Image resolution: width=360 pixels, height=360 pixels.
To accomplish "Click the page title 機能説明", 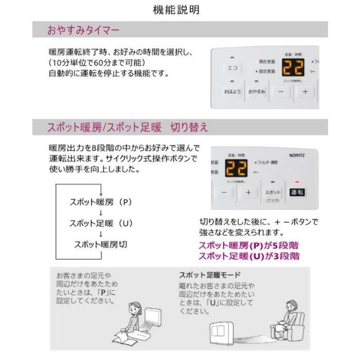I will click(176, 10).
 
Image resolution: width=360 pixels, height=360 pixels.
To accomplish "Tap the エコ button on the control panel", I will click(231, 68).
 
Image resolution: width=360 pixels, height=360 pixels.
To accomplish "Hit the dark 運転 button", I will click(297, 192).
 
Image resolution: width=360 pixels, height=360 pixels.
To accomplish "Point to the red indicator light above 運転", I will click(297, 182).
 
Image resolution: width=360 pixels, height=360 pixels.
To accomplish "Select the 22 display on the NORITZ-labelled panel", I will click(237, 167).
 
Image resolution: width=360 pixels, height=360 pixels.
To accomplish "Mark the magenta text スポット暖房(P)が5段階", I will click(248, 246).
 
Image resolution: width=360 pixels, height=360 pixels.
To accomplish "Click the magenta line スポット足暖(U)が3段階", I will click(248, 256).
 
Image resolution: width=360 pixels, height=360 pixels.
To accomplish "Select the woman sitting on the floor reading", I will click(129, 320).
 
